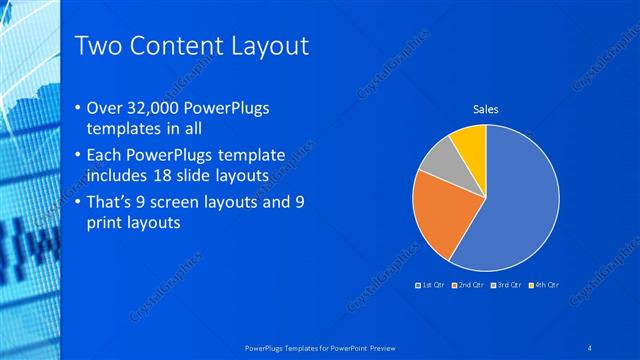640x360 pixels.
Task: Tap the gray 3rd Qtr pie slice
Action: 438,160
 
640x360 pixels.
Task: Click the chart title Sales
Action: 486,110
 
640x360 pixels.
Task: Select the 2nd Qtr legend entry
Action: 471,285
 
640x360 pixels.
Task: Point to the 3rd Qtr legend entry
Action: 508,285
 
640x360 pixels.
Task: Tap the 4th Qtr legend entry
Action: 545,285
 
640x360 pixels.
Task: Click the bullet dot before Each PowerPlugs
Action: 79,156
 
